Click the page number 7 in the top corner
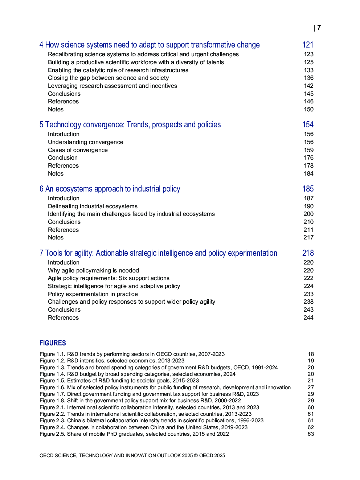[319, 28]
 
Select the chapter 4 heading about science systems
[150, 45]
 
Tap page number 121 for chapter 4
[308, 45]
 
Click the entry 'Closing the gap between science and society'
[108, 78]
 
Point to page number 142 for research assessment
[308, 86]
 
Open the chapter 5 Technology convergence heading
[130, 124]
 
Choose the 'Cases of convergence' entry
[78, 150]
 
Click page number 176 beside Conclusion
[308, 157]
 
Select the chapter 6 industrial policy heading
[110, 189]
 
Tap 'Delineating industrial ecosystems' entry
[93, 206]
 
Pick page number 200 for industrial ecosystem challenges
[308, 214]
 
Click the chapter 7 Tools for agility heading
[158, 253]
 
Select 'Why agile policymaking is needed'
[93, 270]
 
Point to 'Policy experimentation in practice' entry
[93, 294]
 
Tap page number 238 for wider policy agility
[308, 301]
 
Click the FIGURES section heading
[53, 343]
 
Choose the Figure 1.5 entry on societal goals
[119, 381]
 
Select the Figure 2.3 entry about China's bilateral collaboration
[151, 420]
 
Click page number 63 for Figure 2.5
[311, 434]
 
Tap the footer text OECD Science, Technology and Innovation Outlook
[132, 455]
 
